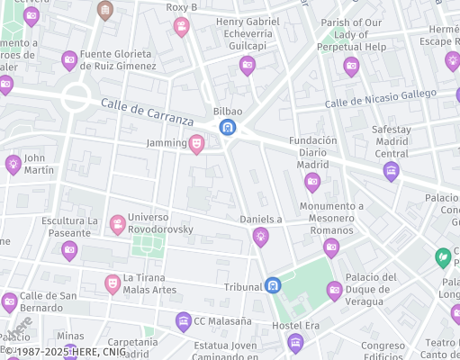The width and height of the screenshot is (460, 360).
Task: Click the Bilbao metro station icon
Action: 228,127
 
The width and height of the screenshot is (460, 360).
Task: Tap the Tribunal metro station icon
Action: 273,285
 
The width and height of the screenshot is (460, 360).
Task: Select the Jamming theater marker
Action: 196,143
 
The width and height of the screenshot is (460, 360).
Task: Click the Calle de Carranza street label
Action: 147,112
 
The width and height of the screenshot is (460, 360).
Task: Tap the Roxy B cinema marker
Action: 181,26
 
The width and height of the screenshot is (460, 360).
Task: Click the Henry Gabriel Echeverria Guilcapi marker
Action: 247,65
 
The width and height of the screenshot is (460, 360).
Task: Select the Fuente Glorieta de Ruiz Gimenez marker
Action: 69,60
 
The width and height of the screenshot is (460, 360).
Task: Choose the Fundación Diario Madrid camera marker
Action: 312,183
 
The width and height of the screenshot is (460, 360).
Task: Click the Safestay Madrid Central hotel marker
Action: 391,171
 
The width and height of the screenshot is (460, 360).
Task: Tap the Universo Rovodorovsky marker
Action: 117,223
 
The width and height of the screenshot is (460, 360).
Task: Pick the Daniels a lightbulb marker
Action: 260,237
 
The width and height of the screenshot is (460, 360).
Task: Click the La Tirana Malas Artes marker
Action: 113,283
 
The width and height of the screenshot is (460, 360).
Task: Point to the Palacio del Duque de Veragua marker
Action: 334,290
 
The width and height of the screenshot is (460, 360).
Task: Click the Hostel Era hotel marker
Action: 294,342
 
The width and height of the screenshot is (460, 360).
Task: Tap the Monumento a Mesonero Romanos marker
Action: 331,247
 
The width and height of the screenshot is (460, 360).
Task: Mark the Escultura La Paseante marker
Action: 69,251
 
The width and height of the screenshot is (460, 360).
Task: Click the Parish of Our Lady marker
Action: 351,65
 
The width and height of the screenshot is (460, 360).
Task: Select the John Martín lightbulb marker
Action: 13,164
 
